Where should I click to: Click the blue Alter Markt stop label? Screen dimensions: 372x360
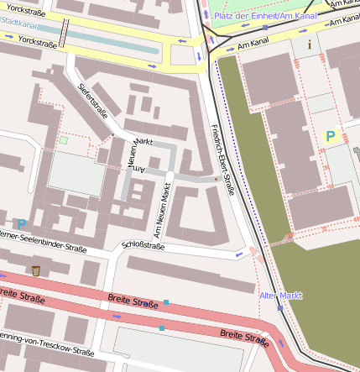pyautogui.click(x=280, y=296)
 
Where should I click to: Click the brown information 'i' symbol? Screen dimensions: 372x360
pyautogui.click(x=310, y=44)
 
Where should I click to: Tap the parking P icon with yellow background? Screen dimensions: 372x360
pyautogui.click(x=330, y=136)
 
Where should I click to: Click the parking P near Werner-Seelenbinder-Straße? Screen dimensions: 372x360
pyautogui.click(x=22, y=223)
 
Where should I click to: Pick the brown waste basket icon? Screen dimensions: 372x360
pyautogui.click(x=35, y=270)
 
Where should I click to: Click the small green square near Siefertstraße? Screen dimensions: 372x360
pyautogui.click(x=64, y=140)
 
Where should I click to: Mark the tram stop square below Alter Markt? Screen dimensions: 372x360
pyautogui.click(x=280, y=308)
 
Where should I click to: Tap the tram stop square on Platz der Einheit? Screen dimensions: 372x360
pyautogui.click(x=265, y=27)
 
